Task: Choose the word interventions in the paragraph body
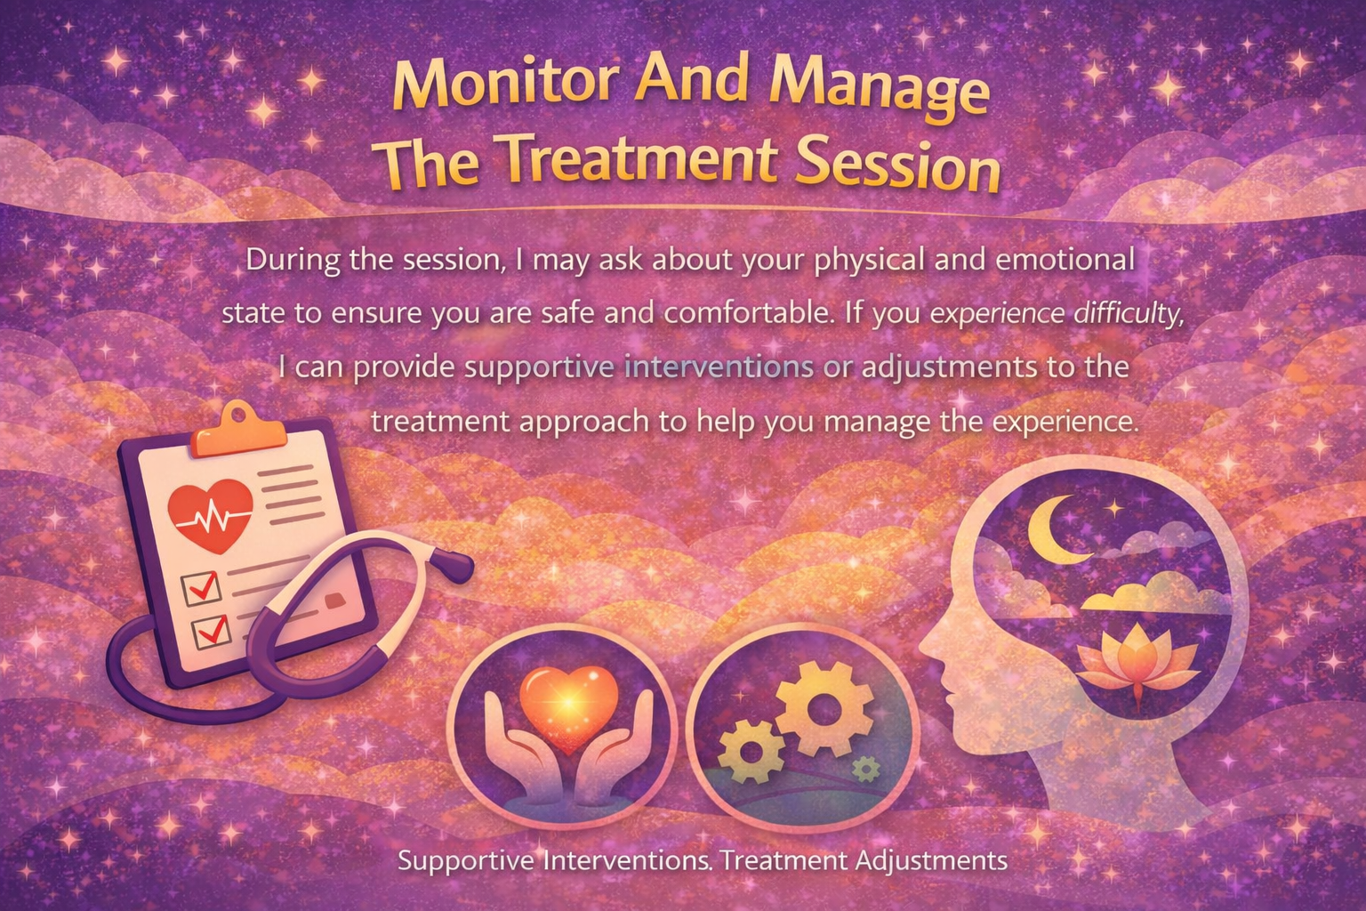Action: [719, 367]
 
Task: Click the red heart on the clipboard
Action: [212, 514]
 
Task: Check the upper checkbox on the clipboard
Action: [200, 588]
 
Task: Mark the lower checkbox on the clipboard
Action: [212, 631]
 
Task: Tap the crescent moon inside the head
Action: [1056, 528]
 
